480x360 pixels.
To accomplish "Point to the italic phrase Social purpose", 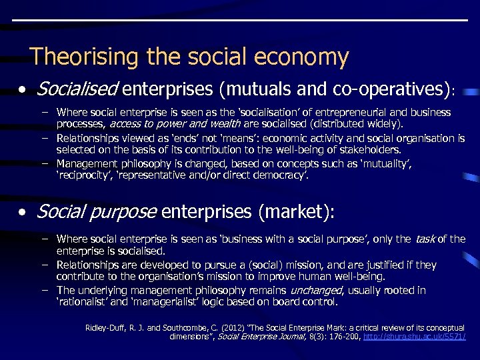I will point(96,212).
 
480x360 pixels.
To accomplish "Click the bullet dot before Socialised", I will point(23,89).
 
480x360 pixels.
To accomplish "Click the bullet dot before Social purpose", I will point(23,213).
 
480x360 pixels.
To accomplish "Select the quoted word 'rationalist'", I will point(81,302).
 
